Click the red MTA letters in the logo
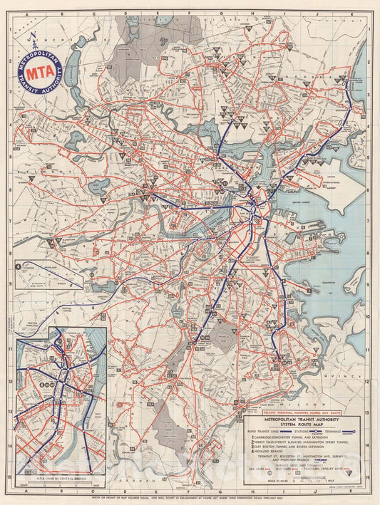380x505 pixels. pos(40,72)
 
